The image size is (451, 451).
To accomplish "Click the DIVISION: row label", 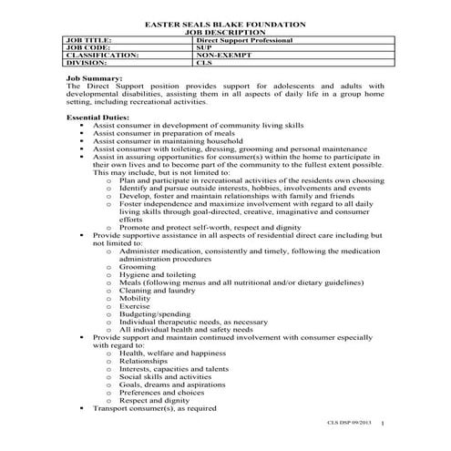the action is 87,64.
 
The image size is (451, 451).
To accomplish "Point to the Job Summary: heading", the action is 96,80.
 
